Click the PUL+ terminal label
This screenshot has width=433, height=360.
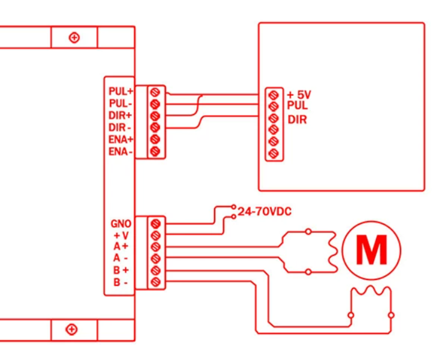pyautogui.click(x=121, y=91)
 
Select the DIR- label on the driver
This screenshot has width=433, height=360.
pyautogui.click(x=120, y=128)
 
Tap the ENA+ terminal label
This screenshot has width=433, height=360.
pyautogui.click(x=121, y=139)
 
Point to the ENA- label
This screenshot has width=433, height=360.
pyautogui.click(x=120, y=152)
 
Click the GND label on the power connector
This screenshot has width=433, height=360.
pyautogui.click(x=121, y=223)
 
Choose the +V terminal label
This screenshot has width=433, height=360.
pyautogui.click(x=121, y=235)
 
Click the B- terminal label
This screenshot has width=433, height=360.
pyautogui.click(x=121, y=282)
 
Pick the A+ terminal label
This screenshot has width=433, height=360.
pyautogui.click(x=121, y=246)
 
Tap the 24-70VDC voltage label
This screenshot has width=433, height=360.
pyautogui.click(x=265, y=211)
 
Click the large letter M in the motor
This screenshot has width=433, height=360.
pyautogui.click(x=372, y=250)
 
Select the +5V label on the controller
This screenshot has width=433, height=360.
pyautogui.click(x=299, y=95)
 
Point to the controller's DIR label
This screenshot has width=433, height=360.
pyautogui.click(x=297, y=120)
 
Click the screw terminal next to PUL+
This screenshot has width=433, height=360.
pyautogui.click(x=155, y=92)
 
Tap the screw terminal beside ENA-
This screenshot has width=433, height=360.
pyautogui.click(x=155, y=151)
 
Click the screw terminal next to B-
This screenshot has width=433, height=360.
pyautogui.click(x=156, y=282)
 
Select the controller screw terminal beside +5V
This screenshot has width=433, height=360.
pyautogui.click(x=274, y=95)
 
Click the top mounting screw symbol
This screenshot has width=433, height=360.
pyautogui.click(x=74, y=37)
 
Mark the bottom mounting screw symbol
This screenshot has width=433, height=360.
pyautogui.click(x=72, y=329)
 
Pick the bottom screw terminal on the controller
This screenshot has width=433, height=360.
pyautogui.click(x=274, y=153)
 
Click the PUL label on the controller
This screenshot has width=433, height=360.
pyautogui.click(x=297, y=105)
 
